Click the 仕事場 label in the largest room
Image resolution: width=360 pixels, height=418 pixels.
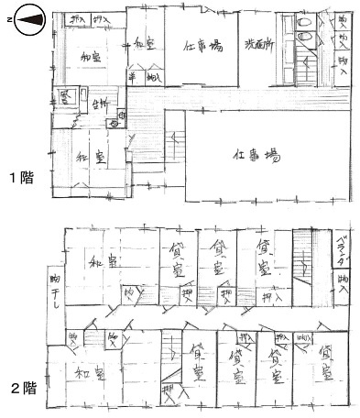pyautogui.click(x=257, y=156)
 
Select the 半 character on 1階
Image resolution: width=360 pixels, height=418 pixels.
pyautogui.click(x=134, y=77)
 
